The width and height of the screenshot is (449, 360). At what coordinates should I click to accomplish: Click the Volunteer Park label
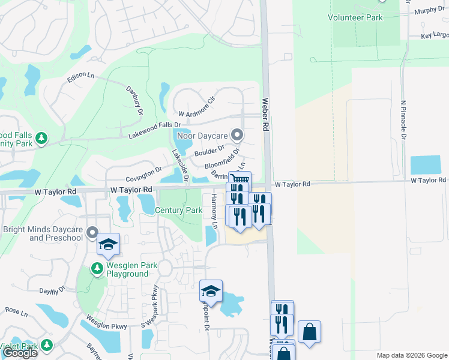click(x=355, y=18)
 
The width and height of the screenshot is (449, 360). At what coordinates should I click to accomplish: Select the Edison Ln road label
click(x=81, y=76)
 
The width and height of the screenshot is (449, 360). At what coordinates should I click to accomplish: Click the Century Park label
click(x=178, y=210)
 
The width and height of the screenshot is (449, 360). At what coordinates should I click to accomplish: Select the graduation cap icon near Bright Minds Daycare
click(x=108, y=244)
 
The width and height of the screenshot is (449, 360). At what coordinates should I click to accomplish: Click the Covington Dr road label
click(x=143, y=175)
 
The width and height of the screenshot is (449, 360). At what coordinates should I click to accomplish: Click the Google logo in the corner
click(x=20, y=353)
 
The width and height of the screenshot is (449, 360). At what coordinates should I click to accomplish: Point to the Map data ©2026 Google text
click(x=412, y=355)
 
